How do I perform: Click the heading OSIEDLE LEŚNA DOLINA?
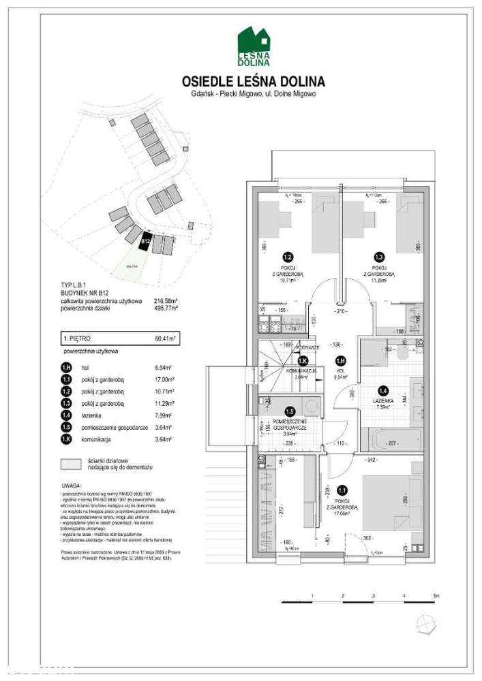coord(254,81)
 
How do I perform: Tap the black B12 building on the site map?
coord(145,240)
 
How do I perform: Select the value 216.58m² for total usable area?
coord(166,300)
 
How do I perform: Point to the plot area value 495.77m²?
coord(166,308)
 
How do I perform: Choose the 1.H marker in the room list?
coord(65,367)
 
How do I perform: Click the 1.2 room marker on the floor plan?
coord(288,257)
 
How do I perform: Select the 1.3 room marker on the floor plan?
coord(380,257)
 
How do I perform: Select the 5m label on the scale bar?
coord(436,596)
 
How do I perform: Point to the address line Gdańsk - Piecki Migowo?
coord(254,94)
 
